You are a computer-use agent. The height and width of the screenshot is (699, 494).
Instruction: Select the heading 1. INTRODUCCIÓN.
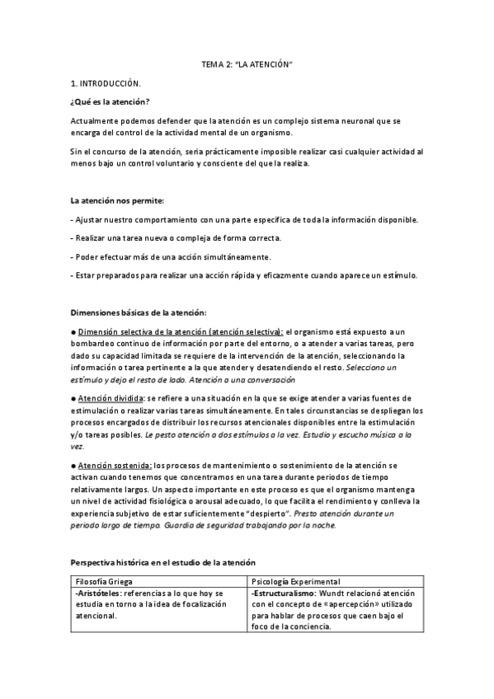click(106, 83)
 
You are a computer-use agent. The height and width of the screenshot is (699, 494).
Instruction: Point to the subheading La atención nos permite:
click(117, 200)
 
